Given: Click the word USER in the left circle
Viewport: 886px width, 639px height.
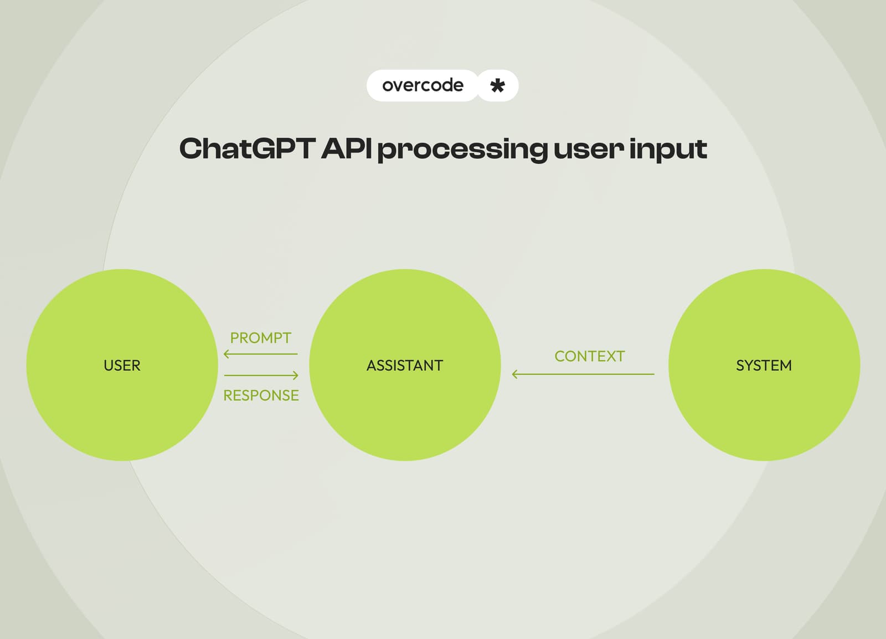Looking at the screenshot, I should pyautogui.click(x=122, y=365).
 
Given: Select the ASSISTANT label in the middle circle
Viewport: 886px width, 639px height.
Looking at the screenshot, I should pyautogui.click(x=405, y=365).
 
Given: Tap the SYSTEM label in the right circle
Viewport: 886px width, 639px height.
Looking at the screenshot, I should pyautogui.click(x=764, y=365).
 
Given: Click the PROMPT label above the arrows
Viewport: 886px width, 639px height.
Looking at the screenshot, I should pyautogui.click(x=260, y=338).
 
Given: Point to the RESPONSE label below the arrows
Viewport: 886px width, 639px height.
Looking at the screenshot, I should pyautogui.click(x=261, y=395).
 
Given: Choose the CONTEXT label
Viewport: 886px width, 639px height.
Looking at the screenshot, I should pyautogui.click(x=589, y=356).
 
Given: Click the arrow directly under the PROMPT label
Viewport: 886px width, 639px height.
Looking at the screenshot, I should pyautogui.click(x=260, y=354).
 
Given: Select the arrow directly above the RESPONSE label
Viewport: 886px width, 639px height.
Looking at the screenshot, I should pyautogui.click(x=261, y=375).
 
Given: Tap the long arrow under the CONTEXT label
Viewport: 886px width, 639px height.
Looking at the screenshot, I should pyautogui.click(x=583, y=374).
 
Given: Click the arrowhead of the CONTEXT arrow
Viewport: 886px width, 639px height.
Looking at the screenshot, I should pyautogui.click(x=514, y=374).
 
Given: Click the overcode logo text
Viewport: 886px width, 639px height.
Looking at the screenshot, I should pyautogui.click(x=423, y=85).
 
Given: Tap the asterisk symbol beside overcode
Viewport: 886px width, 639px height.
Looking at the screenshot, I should pyautogui.click(x=497, y=86).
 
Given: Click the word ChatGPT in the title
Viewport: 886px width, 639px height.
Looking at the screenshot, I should pyautogui.click(x=246, y=149).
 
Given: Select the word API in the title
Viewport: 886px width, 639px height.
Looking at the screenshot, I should pyautogui.click(x=346, y=149).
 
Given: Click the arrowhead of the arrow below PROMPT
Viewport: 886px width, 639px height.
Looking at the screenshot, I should pyautogui.click(x=226, y=354).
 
